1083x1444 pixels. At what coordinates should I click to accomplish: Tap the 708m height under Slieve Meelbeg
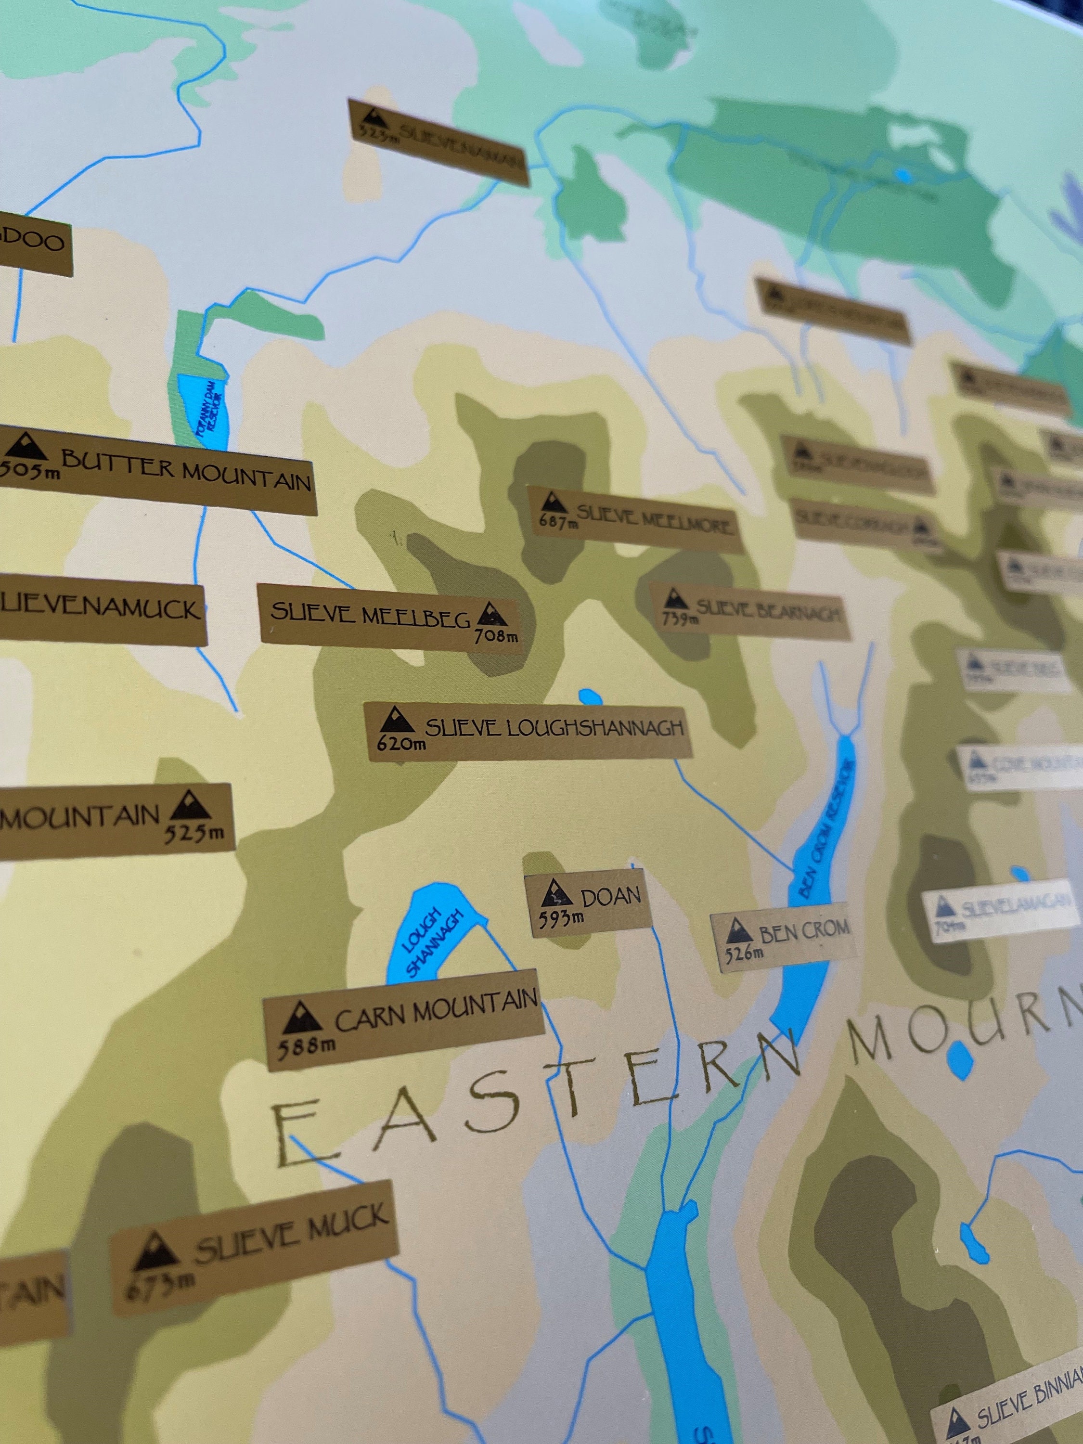point(496,635)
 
